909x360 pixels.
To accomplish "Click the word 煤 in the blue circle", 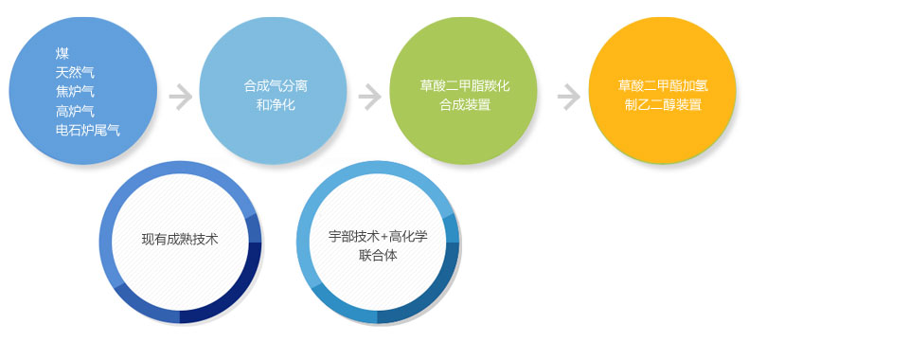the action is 62,54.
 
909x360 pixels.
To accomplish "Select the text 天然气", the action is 75,72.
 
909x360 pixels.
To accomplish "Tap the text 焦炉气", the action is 75,92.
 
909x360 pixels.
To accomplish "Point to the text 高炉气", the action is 75,111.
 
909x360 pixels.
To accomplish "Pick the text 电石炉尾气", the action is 87,130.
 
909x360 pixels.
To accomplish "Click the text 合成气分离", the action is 276,86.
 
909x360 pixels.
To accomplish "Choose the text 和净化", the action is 276,105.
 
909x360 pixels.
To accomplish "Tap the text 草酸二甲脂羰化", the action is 465,86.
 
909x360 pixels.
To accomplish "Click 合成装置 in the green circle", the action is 465,105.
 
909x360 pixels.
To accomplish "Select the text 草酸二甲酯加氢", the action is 663,86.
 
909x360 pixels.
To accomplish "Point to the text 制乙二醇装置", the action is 663,105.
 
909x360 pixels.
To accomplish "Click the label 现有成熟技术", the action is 180,239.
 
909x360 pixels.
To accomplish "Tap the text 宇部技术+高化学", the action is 378,237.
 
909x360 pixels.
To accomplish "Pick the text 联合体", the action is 378,255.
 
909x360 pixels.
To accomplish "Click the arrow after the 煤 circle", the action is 181,97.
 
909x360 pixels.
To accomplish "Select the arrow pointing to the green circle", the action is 370,97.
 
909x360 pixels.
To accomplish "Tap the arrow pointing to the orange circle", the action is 569,97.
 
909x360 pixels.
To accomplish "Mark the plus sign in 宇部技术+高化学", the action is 383,237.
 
